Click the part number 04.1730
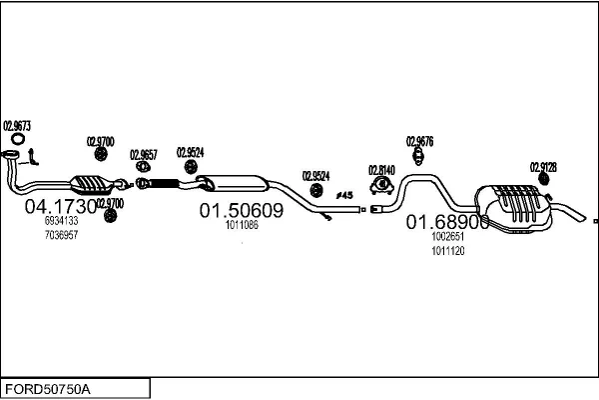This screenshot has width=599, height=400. [x=60, y=208]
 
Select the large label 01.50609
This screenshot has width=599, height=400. [x=242, y=211]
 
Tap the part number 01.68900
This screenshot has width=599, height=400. [x=447, y=222]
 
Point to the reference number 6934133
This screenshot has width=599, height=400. [x=61, y=222]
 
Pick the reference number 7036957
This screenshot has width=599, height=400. [x=61, y=235]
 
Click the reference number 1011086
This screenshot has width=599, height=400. [x=242, y=225]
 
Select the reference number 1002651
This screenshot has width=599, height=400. [x=448, y=237]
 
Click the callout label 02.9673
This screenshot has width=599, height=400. [x=17, y=126]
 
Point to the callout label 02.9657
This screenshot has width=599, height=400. [x=144, y=154]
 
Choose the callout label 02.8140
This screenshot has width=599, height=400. [x=382, y=170]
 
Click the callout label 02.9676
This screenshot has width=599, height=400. [x=419, y=141]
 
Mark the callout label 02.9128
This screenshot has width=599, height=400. [x=543, y=166]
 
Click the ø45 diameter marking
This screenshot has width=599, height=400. [x=344, y=195]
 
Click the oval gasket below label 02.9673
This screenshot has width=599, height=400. [x=13, y=153]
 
